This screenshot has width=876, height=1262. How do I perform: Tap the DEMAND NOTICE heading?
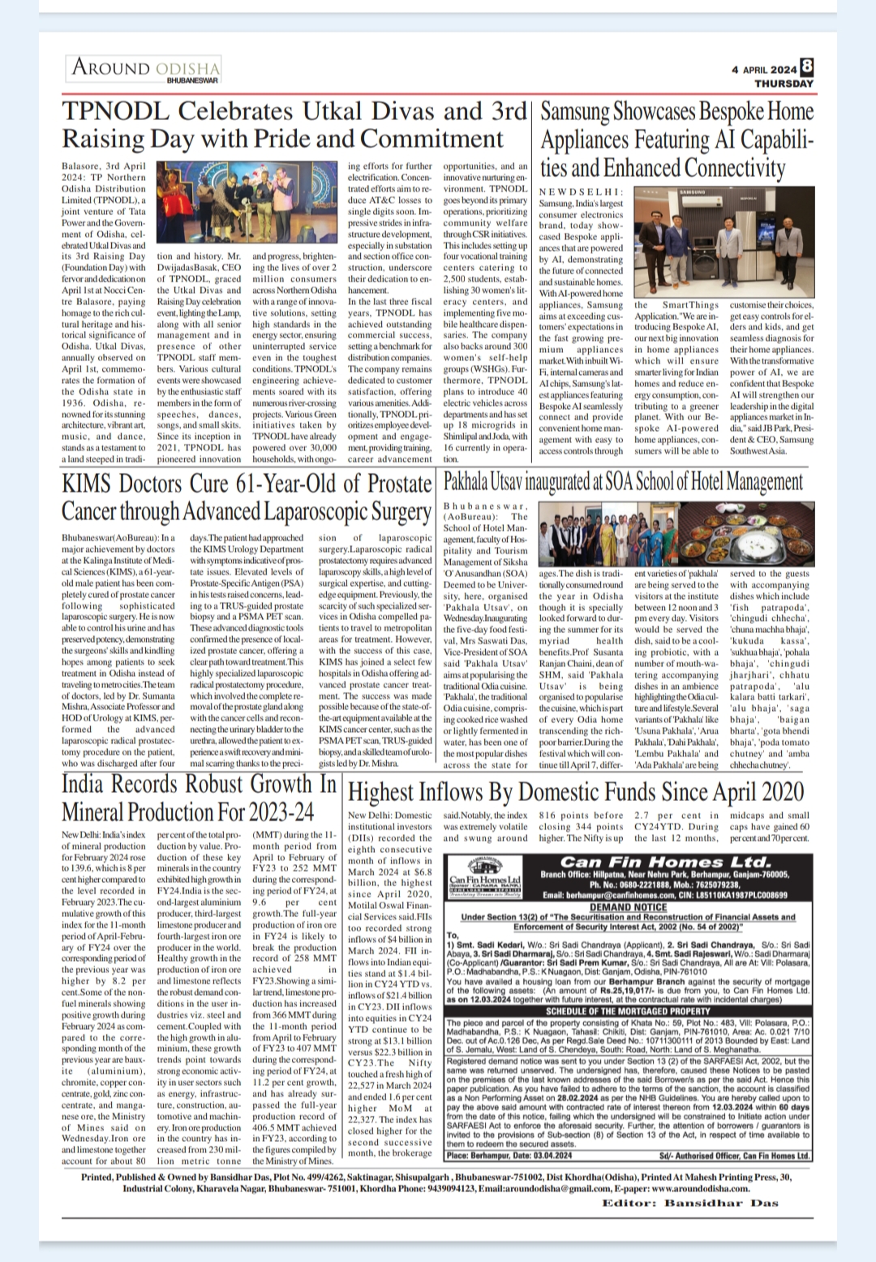click(x=628, y=907)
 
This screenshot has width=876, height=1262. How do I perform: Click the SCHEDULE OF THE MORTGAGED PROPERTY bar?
click(x=628, y=1011)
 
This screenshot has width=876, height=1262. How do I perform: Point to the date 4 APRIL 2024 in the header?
click(x=764, y=70)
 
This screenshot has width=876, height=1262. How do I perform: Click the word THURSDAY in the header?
click(x=784, y=83)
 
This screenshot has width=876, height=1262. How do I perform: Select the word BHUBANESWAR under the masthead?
click(x=193, y=80)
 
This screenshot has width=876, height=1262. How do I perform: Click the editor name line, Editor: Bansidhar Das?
click(x=689, y=1203)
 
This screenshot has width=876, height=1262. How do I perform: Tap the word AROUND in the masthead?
click(x=111, y=67)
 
